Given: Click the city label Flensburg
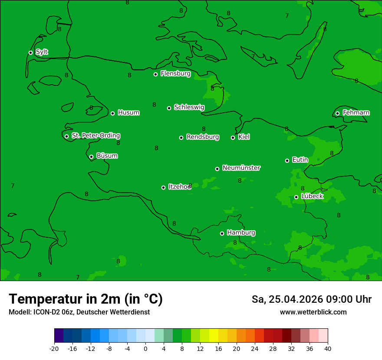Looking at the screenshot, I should tap(175, 74).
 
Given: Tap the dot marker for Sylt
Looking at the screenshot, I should tap(30, 52).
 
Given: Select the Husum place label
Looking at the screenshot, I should tap(128, 113).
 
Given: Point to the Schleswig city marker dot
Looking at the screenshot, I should tap(169, 108).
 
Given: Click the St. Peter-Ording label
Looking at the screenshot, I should tap(95, 136).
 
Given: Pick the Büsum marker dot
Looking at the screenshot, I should tap(91, 157).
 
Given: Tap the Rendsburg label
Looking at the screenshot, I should tap(202, 137).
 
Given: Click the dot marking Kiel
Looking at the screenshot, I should tap(233, 137).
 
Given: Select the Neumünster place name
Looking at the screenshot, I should tap(241, 168).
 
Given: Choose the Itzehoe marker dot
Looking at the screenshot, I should tap(163, 187).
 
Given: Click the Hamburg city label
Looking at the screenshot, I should tap(241, 232).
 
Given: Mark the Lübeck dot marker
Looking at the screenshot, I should tap(296, 197).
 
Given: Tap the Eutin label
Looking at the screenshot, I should tap(300, 160).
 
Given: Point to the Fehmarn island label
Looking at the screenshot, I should tap(356, 113).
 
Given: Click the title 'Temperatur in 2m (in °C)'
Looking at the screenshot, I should tap(86, 299).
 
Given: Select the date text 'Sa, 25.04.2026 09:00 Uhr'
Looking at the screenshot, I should tap(311, 299).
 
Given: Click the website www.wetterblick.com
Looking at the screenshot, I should tap(313, 312).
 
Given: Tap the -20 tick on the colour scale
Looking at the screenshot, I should tap(54, 348).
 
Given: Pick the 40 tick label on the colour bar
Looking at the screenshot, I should tap(327, 348).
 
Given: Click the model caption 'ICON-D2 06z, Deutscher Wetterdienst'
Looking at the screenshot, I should tap(79, 312).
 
